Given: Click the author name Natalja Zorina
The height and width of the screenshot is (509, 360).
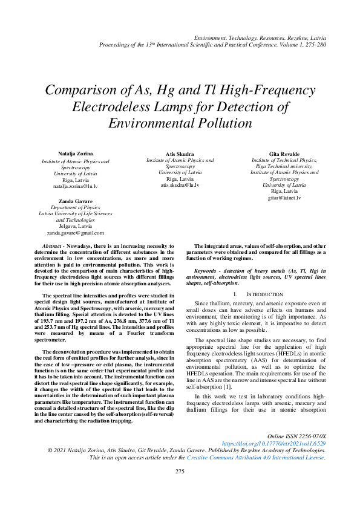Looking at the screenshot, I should tap(75, 154).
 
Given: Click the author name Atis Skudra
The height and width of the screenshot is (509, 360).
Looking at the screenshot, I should tap(180, 154).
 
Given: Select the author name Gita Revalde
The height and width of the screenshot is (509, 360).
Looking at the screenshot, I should tap(284, 154).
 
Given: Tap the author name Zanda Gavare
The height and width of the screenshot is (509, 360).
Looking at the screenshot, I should tap(75, 200).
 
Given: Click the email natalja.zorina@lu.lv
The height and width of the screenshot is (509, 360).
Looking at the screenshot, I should tap(75, 186).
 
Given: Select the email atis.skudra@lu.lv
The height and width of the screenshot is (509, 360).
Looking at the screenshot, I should tap(180, 185).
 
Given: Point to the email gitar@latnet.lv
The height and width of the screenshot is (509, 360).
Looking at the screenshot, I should tap(284, 198).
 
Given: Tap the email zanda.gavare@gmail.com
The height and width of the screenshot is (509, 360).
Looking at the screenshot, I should tap(75, 232).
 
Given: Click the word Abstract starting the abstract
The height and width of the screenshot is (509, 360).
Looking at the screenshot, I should tap(53, 246).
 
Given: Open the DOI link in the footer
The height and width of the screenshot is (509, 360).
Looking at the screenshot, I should tap(273, 443).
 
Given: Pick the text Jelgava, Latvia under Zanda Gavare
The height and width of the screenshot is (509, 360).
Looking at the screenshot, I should tap(75, 226).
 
